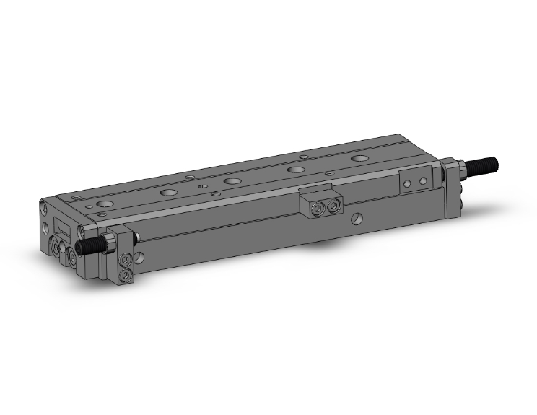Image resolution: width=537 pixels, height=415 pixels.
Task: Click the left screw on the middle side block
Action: point(317,209)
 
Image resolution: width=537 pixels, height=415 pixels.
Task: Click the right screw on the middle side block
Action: point(333,207)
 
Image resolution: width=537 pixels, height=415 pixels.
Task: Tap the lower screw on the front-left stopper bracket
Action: point(126,275)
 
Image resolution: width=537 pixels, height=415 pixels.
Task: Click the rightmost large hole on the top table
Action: point(359,157)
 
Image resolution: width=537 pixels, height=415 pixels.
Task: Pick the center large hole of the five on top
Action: point(232,180)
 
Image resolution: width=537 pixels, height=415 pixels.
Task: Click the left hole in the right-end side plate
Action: point(408,185)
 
